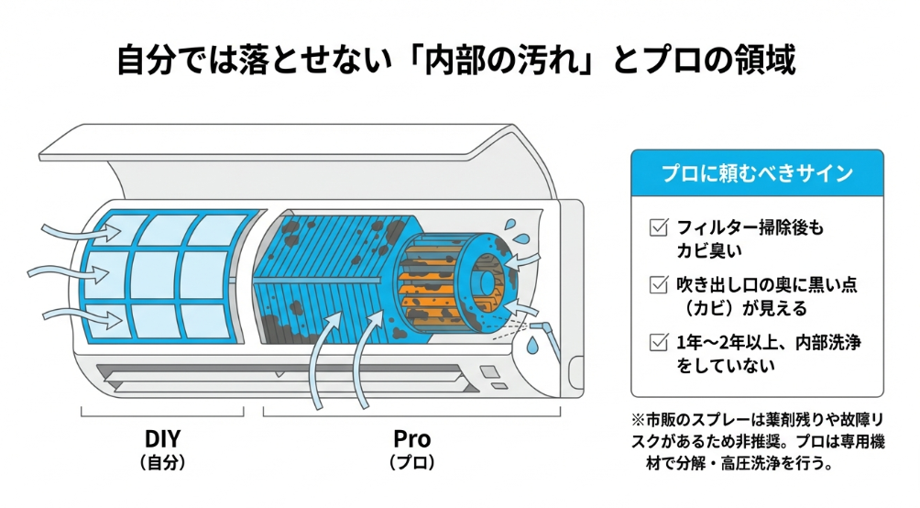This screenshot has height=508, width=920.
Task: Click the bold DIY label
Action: (x=162, y=437)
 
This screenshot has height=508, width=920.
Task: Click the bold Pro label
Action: (x=411, y=437)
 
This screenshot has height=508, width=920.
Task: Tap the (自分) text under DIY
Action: (x=162, y=463)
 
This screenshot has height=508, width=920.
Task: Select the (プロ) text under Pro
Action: (x=411, y=463)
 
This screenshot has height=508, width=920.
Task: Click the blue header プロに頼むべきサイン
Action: (x=757, y=173)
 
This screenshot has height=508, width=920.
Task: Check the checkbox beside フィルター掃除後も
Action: (x=656, y=226)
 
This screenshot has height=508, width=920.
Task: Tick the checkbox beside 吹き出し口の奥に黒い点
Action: (x=656, y=284)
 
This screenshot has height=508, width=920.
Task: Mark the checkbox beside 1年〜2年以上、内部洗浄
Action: (x=656, y=342)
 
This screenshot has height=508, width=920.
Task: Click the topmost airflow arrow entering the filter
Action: (x=74, y=231)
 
